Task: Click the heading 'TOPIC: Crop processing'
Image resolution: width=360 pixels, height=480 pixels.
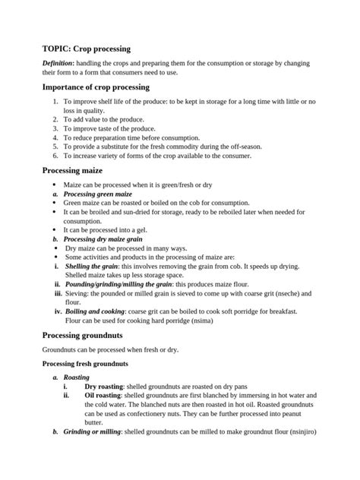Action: coord(87,48)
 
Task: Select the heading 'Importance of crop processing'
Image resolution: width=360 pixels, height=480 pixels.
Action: coord(95,87)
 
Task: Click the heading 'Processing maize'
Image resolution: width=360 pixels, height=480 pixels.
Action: coord(72,171)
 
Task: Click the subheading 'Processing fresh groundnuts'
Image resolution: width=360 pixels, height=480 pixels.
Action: coord(90,364)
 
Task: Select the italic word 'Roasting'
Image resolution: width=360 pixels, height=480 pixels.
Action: coord(77,377)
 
